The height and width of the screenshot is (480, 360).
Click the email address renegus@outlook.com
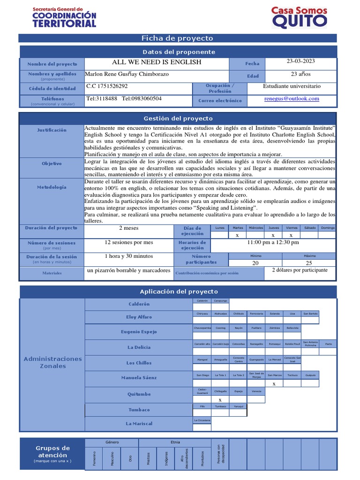(x=291, y=99)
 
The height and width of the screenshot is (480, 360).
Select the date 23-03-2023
(x=301, y=61)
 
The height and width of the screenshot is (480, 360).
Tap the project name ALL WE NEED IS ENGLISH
(x=157, y=62)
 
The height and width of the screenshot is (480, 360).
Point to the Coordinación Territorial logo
(x=64, y=17)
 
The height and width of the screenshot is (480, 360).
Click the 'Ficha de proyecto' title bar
(x=177, y=38)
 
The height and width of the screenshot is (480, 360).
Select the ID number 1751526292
(x=107, y=87)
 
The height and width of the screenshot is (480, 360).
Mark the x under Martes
(x=237, y=235)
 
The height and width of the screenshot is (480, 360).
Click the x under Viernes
(x=291, y=235)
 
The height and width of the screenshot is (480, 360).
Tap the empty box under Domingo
(x=327, y=235)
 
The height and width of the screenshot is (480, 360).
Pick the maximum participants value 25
(x=308, y=263)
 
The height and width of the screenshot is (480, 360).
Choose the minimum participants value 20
(x=255, y=263)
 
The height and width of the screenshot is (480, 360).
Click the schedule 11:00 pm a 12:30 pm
(x=273, y=243)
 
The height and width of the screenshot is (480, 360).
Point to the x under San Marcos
(x=274, y=384)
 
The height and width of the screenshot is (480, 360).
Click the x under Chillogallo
(x=220, y=399)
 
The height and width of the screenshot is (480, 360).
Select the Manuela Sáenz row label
(x=139, y=378)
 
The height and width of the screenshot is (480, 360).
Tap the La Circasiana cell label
(x=202, y=420)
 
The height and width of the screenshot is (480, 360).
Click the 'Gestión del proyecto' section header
(x=177, y=119)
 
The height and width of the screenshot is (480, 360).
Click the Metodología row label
(x=52, y=187)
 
